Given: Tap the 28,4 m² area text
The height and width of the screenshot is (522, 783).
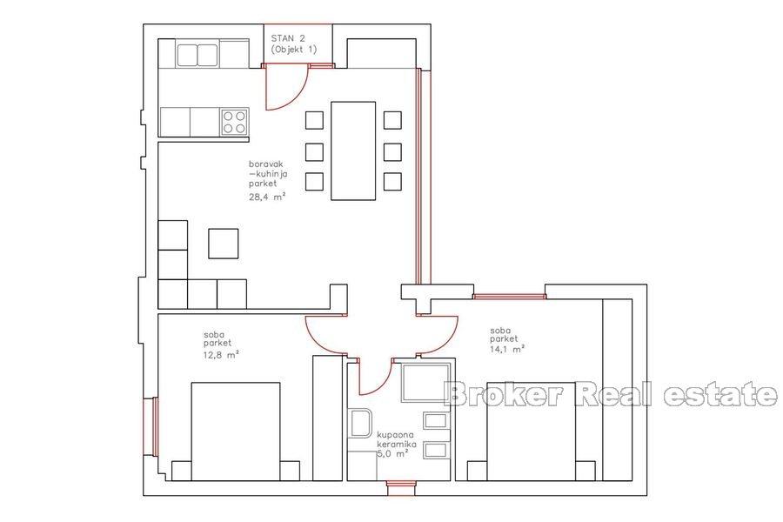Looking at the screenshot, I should coord(268,196).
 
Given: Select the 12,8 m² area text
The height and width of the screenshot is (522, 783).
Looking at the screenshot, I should coord(222,354).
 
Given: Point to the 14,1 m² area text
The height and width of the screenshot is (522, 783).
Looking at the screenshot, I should coord(506,350).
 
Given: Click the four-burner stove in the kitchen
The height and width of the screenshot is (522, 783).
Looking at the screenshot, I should coord(234,122).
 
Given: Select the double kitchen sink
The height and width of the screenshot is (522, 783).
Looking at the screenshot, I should coord(197,55).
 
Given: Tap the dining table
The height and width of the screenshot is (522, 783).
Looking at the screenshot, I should coord(352,150).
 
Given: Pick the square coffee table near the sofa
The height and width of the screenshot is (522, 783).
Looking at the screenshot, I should coord(224,243).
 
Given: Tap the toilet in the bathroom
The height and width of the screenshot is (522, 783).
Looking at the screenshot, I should coord(359,424).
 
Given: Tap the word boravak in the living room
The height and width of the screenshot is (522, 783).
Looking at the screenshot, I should coord(264,164).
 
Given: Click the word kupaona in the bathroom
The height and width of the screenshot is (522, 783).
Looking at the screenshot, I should coord(394,434).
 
